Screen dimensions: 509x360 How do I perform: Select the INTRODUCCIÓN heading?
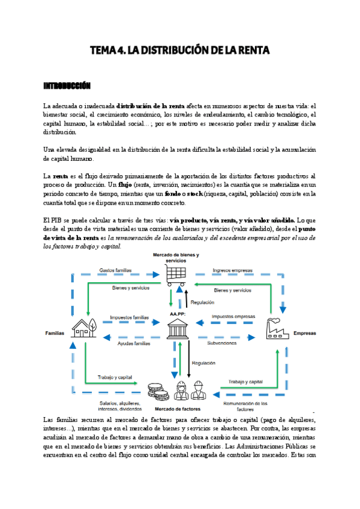(67, 86)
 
